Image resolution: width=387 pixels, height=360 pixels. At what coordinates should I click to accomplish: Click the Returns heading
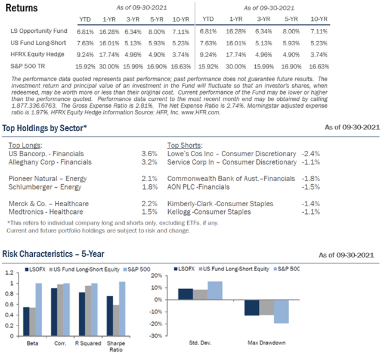click(21, 8)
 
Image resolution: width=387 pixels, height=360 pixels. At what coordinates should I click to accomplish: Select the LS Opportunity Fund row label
click(39, 31)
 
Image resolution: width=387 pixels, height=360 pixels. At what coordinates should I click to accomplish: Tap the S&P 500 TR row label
click(27, 66)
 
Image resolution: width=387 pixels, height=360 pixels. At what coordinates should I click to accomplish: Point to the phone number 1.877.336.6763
click(33, 106)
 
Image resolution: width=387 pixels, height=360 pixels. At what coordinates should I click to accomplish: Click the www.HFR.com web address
click(200, 113)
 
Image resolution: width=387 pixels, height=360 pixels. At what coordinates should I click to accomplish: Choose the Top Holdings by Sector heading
click(45, 128)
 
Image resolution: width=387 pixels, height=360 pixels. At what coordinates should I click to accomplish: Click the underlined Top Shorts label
click(185, 145)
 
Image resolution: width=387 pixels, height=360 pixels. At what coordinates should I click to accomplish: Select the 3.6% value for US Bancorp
click(149, 154)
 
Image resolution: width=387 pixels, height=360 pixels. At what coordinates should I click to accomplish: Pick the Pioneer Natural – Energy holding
click(48, 179)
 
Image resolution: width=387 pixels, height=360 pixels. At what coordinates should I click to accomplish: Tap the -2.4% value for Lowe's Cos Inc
click(311, 154)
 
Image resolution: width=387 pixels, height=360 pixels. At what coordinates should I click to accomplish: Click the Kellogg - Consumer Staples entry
click(209, 212)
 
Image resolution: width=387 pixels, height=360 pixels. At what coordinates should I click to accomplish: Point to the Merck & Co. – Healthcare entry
click(49, 204)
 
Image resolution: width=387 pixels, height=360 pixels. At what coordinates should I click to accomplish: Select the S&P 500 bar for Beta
click(39, 309)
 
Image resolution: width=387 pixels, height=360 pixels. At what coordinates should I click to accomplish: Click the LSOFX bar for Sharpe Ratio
click(110, 316)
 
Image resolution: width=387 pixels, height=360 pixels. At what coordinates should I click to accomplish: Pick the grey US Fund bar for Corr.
click(60, 310)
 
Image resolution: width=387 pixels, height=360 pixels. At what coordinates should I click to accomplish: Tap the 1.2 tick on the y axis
click(10, 273)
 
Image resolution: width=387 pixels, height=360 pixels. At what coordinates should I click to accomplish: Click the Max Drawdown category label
click(267, 343)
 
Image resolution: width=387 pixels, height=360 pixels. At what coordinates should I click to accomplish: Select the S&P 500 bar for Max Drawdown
click(281, 312)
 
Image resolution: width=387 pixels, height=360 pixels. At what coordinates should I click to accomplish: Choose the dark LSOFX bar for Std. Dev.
click(185, 294)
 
